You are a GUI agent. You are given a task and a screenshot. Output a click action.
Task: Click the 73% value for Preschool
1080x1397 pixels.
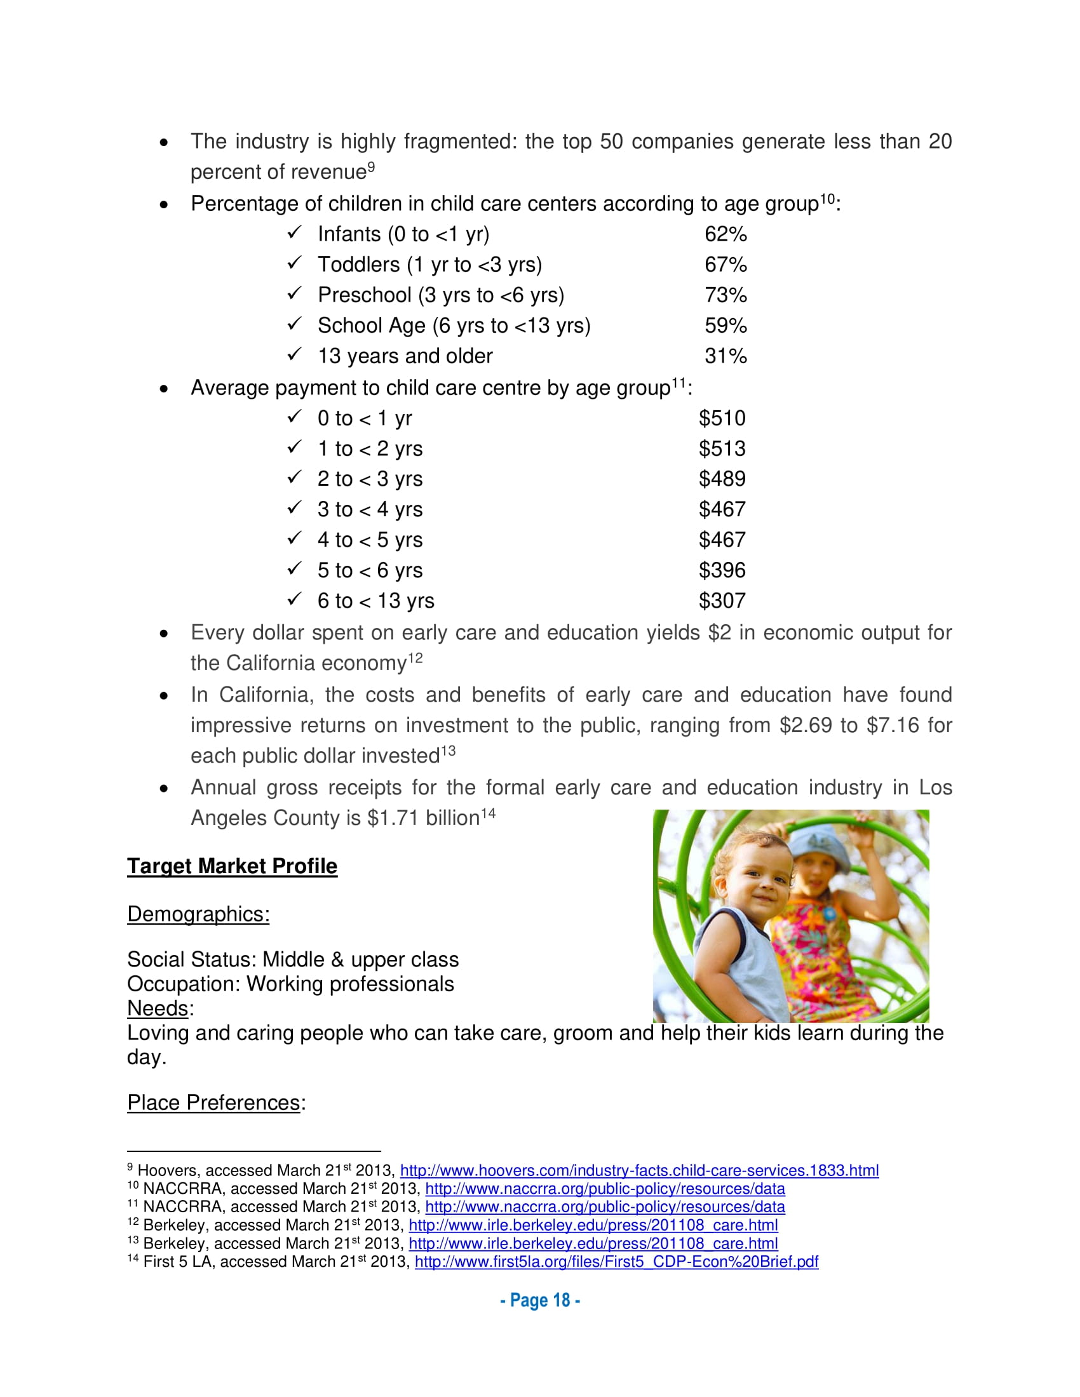(726, 295)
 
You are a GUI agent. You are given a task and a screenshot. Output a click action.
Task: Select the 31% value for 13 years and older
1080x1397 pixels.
(726, 356)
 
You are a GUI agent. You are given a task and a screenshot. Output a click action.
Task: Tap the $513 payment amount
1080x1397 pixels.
(722, 448)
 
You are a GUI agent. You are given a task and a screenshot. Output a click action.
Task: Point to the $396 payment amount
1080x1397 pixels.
(722, 570)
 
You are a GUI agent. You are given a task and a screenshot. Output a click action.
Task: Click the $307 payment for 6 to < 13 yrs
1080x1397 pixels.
(722, 601)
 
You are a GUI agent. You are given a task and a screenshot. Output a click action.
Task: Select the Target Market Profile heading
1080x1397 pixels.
(233, 866)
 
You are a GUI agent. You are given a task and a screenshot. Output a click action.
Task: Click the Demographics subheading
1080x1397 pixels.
(198, 914)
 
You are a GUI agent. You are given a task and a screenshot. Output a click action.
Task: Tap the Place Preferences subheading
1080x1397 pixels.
(213, 1102)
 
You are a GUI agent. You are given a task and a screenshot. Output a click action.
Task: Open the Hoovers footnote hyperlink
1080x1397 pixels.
(639, 1170)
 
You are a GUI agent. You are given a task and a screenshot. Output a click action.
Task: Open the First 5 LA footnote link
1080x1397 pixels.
(616, 1261)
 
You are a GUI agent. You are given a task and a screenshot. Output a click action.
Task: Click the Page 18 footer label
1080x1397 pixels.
(540, 1300)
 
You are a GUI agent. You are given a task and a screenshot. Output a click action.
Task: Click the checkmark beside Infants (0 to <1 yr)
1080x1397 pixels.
(294, 232)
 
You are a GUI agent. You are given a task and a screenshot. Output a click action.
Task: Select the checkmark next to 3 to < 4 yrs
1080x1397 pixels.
(294, 508)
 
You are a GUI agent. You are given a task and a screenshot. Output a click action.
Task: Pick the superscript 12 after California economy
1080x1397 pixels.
(415, 658)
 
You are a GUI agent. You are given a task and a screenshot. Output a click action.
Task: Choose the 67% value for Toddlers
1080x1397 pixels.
(726, 265)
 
